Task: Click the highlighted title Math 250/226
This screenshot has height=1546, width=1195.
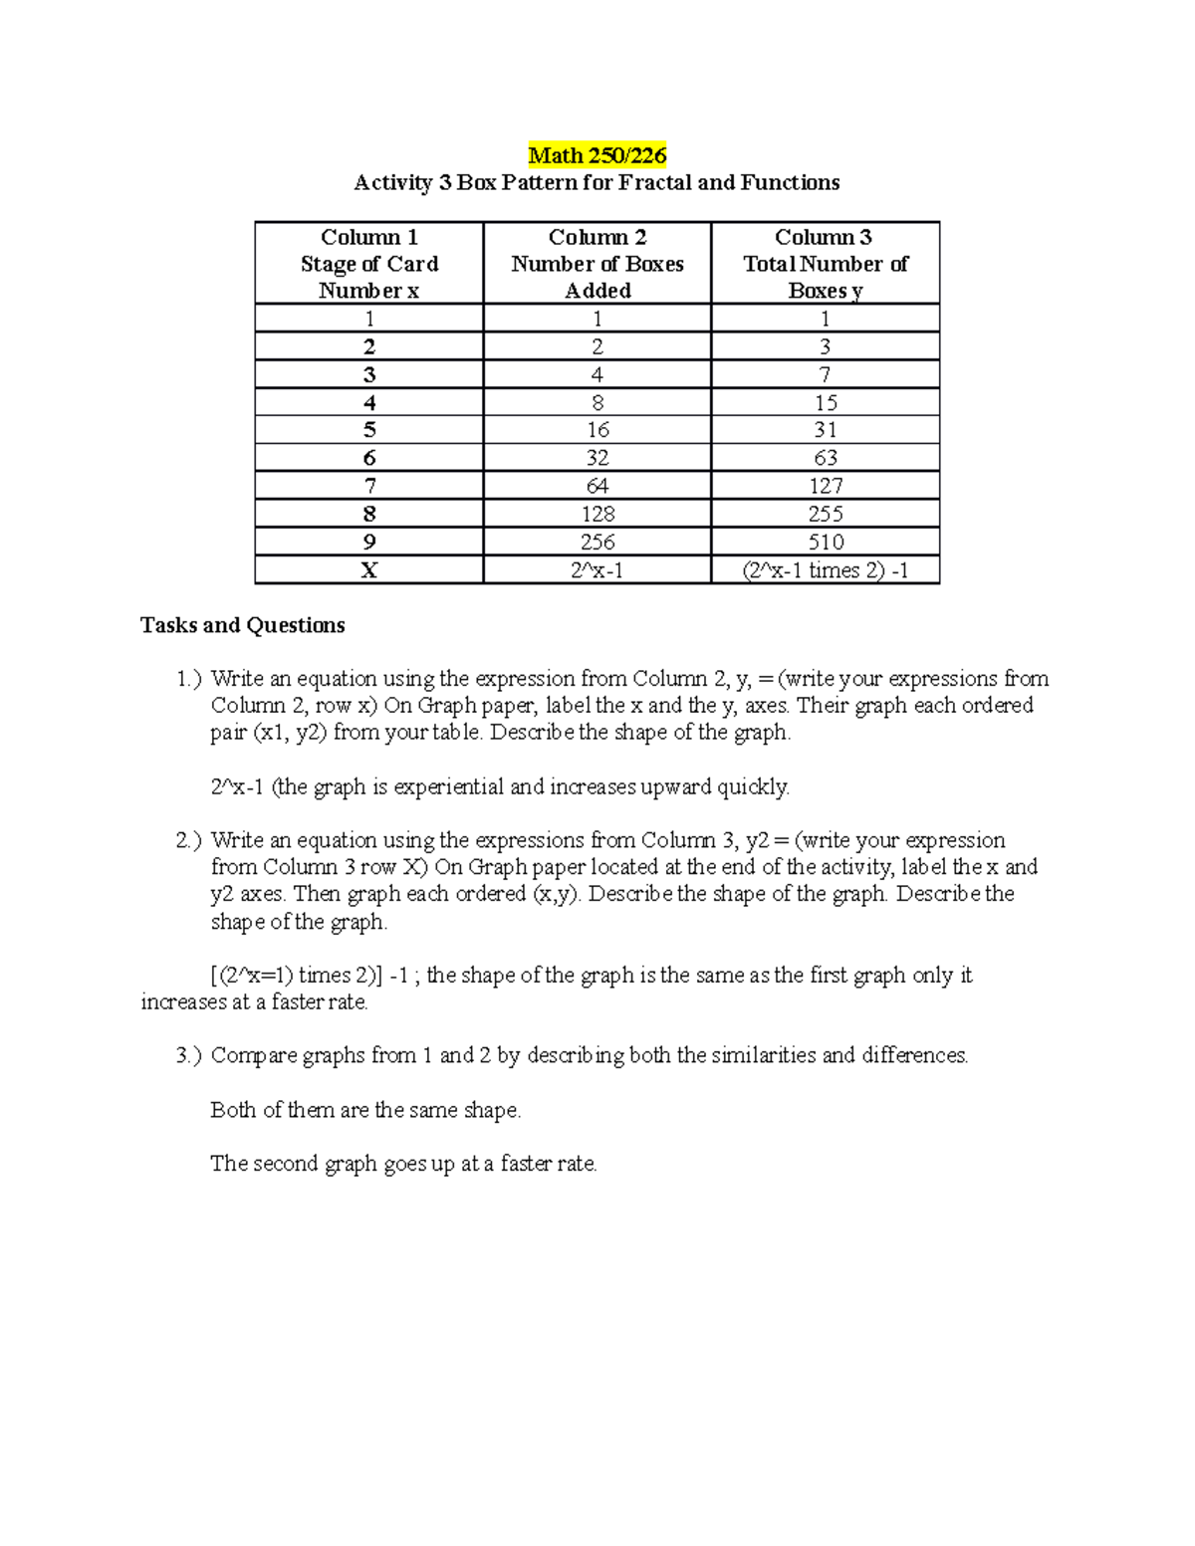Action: click(x=597, y=155)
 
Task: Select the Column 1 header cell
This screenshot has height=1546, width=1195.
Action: click(x=368, y=263)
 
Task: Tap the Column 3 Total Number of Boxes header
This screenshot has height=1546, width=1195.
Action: click(x=825, y=263)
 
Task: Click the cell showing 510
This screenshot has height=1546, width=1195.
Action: click(x=826, y=542)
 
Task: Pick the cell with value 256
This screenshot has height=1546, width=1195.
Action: click(x=597, y=542)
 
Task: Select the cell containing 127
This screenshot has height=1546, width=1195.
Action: click(x=826, y=486)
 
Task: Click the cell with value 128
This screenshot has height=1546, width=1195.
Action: click(x=597, y=514)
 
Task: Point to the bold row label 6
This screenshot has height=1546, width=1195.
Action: click(x=369, y=458)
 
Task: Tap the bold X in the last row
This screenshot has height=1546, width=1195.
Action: click(x=369, y=570)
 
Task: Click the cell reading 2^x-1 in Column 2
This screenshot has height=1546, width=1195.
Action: click(x=597, y=570)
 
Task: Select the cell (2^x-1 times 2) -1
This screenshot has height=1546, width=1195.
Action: click(x=826, y=570)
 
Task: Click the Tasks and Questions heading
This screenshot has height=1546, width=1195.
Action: click(x=243, y=625)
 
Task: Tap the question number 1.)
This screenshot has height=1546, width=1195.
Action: click(x=188, y=679)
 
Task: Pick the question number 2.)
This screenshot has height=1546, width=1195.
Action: click(x=188, y=840)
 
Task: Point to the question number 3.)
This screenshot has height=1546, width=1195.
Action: click(x=188, y=1055)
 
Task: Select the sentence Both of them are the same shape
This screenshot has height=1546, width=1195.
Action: click(x=365, y=1110)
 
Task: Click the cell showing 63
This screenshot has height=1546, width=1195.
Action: click(x=826, y=458)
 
